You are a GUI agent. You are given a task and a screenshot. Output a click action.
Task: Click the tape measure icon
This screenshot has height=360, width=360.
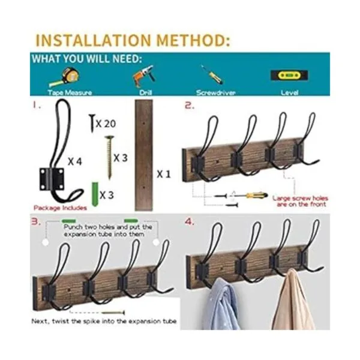tap(65, 77)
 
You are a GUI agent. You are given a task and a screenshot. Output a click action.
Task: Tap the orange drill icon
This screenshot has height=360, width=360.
tap(144, 76)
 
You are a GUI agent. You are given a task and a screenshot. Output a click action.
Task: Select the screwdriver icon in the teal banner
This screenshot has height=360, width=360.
tap(212, 74)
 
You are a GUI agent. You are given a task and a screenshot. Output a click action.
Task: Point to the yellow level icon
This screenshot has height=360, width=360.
tap(289, 76)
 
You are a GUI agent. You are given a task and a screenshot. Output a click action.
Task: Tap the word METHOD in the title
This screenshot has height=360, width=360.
tap(193, 40)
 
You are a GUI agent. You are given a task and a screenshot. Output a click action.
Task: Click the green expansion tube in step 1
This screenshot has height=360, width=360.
tap(95, 194)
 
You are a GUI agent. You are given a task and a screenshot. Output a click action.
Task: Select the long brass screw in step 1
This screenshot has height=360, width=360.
tap(110, 157)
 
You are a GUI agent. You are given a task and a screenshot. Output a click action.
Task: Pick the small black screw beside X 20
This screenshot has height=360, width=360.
tap(92, 123)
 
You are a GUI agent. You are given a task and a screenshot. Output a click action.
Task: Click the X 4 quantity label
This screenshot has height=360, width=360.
tap(75, 161)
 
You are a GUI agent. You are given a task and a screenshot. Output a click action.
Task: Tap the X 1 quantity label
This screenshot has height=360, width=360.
tap(164, 174)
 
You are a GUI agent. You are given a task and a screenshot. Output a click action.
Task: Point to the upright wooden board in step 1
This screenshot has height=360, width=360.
tap(144, 155)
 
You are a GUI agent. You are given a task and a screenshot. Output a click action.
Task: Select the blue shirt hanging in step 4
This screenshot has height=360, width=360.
tap(221, 305)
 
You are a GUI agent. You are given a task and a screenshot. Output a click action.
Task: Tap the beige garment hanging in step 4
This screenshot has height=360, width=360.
tap(293, 300)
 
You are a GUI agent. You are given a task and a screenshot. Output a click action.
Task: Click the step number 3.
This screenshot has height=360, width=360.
tap(36, 222)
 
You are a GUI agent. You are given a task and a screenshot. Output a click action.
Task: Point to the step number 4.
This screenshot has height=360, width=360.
tap(190, 222)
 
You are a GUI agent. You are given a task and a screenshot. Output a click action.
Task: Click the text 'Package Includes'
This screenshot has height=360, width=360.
tap(60, 208)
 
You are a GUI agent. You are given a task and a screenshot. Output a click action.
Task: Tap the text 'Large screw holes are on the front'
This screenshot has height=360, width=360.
tap(301, 202)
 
